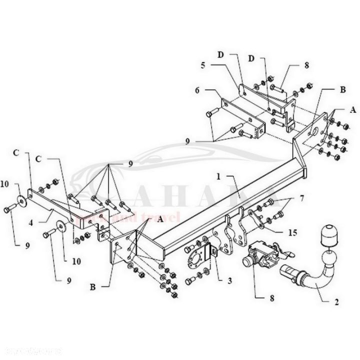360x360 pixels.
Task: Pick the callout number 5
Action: tap(202, 64)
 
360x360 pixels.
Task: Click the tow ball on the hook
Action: tap(329, 258)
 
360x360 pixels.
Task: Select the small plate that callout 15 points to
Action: tap(250, 219)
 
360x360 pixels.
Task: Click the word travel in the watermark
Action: tap(165, 218)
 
